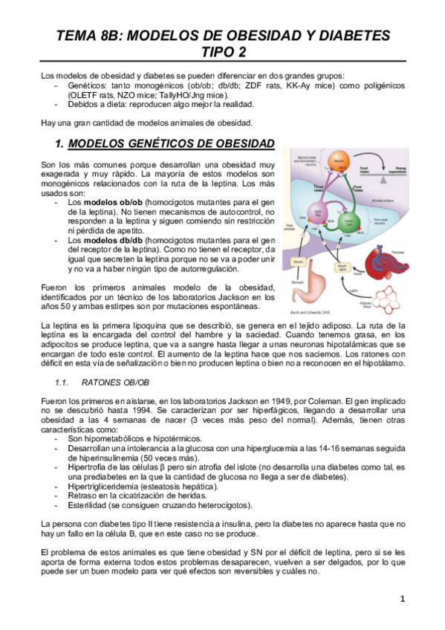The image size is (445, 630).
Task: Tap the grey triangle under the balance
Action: [383, 181]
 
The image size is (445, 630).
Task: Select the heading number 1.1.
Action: [62, 383]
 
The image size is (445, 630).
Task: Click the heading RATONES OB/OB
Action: [113, 383]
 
